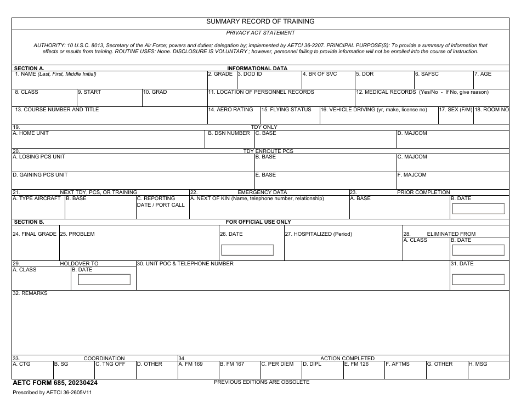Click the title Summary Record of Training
260,21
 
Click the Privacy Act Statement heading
260,33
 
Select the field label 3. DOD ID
250,74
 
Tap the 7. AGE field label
483,74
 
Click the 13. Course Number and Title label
57,110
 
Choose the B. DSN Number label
229,133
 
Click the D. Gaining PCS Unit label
40,175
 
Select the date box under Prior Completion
478,208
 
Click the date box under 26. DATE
247,250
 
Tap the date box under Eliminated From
478,250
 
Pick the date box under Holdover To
104,280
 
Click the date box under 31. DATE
478,280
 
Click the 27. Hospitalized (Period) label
319,234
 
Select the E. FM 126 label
356,364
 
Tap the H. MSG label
478,364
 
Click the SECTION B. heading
29,222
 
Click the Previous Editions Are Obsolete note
262,382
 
